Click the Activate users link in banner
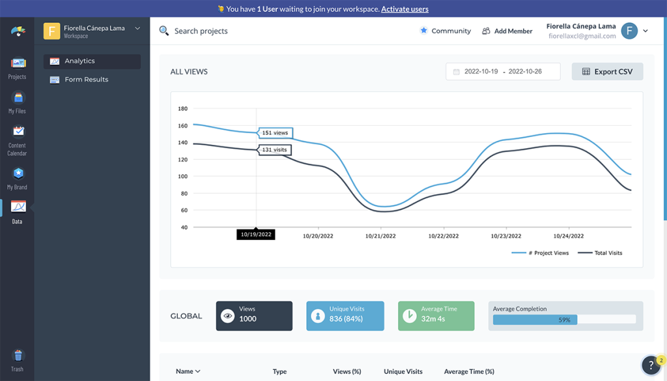point(404,9)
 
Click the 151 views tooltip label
point(274,133)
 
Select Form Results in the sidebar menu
point(86,80)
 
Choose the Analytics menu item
point(79,61)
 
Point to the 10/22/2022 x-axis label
point(443,236)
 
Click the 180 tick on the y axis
point(182,109)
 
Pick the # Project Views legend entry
point(541,253)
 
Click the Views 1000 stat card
point(254,316)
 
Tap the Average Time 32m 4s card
point(436,316)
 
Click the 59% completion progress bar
point(564,320)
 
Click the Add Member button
point(507,31)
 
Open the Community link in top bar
point(446,31)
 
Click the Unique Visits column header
point(403,371)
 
